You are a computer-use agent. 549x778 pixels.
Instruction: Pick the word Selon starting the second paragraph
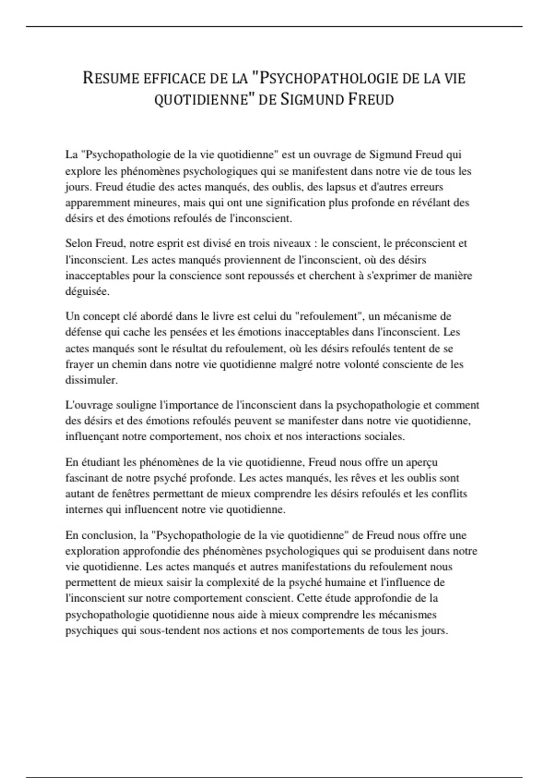click(x=78, y=243)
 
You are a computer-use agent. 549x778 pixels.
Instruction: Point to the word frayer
click(x=79, y=364)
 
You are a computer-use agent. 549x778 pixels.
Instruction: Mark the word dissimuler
click(x=91, y=380)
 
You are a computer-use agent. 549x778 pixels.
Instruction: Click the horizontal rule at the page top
click(x=274, y=27)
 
